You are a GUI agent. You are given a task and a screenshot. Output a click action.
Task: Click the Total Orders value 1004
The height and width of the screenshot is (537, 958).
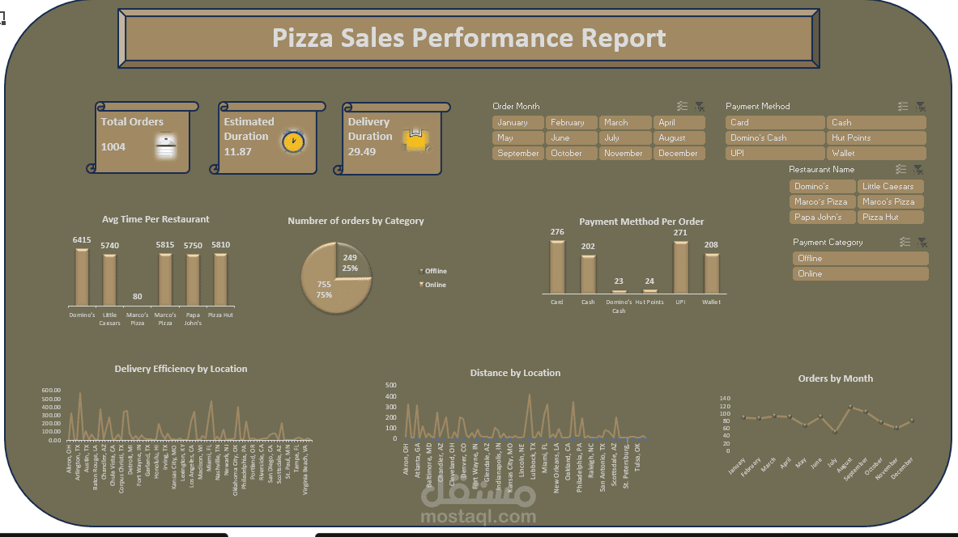coord(113,146)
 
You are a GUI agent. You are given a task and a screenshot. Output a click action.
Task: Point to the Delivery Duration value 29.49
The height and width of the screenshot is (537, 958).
coord(362,151)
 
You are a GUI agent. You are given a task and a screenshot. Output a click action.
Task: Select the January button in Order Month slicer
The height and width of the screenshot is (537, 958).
coord(517,123)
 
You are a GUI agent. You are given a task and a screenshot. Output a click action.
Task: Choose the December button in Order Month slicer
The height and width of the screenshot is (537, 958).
coord(678,154)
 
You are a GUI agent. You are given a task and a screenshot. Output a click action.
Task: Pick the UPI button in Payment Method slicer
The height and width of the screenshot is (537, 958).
coord(774,154)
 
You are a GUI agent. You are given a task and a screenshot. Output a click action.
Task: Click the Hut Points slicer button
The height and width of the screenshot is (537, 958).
coord(876,138)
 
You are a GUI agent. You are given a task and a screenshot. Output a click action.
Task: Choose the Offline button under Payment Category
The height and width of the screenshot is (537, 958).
coord(860,259)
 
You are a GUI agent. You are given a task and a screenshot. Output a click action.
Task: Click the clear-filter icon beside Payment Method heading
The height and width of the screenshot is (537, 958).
coord(921,106)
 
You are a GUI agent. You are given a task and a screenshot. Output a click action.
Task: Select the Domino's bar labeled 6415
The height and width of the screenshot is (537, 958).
coord(82,277)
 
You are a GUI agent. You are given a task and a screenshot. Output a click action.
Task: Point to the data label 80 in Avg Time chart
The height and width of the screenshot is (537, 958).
coord(138,296)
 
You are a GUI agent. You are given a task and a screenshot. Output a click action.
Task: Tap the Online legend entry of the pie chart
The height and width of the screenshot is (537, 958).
coord(433,285)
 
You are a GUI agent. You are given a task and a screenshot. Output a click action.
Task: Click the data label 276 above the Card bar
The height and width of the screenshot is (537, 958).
coord(557,233)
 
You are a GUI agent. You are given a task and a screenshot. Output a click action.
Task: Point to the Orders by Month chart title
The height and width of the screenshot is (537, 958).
coord(835,378)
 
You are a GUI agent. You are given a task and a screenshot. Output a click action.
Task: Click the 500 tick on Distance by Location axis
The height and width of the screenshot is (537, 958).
coord(390,386)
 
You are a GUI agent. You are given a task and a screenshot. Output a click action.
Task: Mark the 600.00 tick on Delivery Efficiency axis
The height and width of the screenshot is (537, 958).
coord(50,391)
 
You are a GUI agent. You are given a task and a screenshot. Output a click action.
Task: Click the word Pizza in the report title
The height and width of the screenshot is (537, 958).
coord(306,38)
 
